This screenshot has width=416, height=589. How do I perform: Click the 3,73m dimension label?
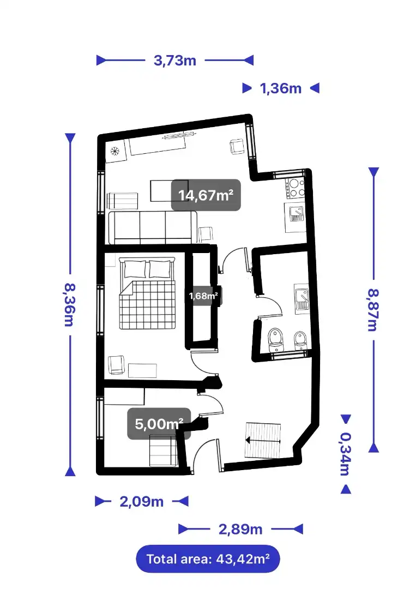[x=175, y=61]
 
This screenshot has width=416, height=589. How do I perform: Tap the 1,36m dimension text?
[x=281, y=89]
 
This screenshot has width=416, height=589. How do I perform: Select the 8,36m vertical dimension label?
[x=70, y=305]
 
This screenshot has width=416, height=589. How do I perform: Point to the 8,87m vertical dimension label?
[x=373, y=310]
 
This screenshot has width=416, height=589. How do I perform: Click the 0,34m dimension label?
[x=346, y=454]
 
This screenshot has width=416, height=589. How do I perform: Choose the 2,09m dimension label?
[x=142, y=502]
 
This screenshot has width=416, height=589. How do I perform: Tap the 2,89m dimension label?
[x=240, y=530]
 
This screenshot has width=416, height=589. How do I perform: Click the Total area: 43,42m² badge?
[x=208, y=559]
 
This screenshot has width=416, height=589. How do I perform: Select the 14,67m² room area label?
[x=206, y=195]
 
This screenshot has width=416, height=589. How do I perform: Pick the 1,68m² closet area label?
[x=203, y=296]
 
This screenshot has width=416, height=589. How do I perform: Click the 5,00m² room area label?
[x=159, y=424]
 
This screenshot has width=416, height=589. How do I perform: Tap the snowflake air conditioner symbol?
[x=115, y=152]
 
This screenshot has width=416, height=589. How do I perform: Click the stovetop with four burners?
[x=295, y=188]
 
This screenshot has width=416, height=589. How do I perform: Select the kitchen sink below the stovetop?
[x=296, y=214]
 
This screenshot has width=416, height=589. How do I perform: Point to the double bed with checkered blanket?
[x=148, y=293]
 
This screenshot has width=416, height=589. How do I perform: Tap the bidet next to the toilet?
[x=300, y=340]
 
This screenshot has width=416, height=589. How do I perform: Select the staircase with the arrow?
[x=263, y=440]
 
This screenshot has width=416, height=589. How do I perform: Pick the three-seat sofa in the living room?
[x=153, y=227]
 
